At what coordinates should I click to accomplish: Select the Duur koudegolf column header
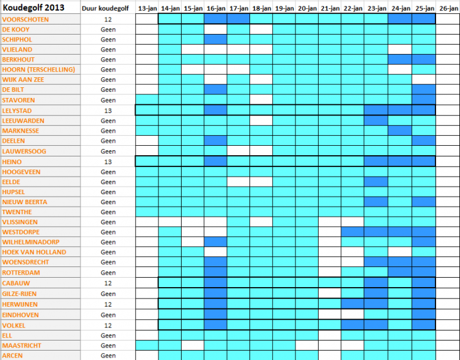tap(108, 8)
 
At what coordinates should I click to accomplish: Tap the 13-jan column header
tap(147, 8)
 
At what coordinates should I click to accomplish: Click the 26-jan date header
tap(448, 8)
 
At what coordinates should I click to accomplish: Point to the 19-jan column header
tap(284, 8)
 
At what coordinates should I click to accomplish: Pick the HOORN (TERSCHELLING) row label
tap(38, 69)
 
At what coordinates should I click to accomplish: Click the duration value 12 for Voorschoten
tap(108, 19)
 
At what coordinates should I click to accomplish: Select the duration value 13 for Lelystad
tap(108, 110)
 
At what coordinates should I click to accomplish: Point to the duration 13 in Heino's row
tap(108, 161)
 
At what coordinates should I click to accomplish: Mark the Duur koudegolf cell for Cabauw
tap(108, 283)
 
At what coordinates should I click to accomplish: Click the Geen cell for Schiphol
tap(108, 39)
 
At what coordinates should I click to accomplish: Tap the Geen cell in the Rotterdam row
tap(108, 273)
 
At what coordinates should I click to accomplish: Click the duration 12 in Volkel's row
tap(108, 325)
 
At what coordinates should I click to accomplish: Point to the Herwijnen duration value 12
tap(108, 304)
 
